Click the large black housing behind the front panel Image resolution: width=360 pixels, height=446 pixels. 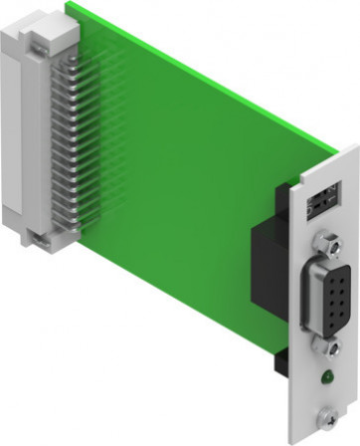(270, 259)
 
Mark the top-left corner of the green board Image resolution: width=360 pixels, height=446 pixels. (70, 5)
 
